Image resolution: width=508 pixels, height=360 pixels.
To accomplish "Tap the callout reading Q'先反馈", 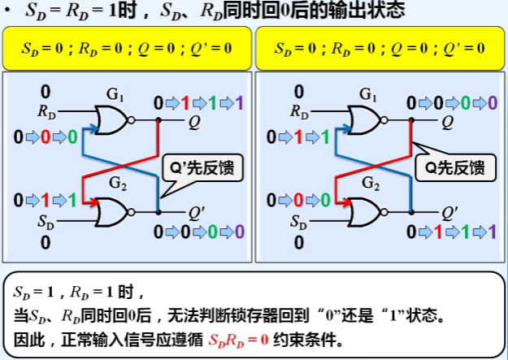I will (x=195, y=168).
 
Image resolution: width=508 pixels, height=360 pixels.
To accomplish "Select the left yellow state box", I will (x=127, y=49).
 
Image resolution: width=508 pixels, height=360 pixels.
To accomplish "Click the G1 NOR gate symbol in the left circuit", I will (x=111, y=121).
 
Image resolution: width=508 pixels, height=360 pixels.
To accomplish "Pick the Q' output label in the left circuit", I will (x=196, y=213).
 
